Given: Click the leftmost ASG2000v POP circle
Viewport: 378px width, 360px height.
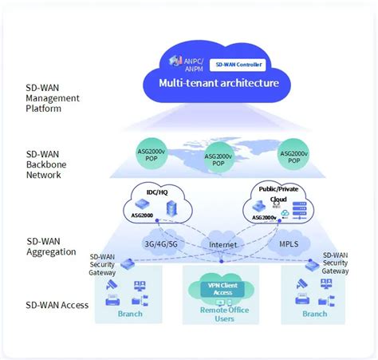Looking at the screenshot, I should coord(150,153).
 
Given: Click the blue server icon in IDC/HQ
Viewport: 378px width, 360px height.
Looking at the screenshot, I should coord(169,209).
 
